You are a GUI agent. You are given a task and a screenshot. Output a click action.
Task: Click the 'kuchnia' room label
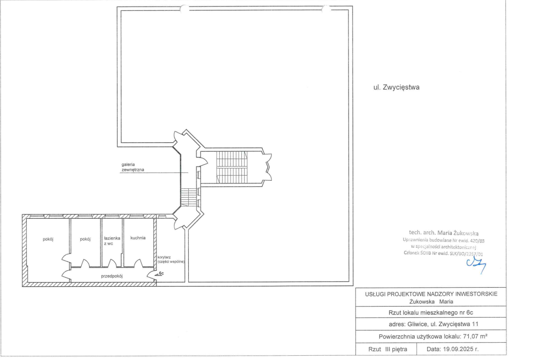(x=138, y=237)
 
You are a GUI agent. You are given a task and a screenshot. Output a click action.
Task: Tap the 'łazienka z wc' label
(x=112, y=241)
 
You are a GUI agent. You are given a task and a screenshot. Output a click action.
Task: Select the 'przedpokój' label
(x=112, y=276)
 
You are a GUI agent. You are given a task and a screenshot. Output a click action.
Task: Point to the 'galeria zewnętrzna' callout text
(x=133, y=167)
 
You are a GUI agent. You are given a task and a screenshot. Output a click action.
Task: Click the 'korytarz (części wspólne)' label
(x=171, y=259)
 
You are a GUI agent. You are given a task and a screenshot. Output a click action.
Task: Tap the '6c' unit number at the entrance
(x=161, y=273)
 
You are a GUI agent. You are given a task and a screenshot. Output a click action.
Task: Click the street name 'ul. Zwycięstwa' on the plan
(x=396, y=87)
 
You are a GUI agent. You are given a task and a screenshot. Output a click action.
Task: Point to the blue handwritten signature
(x=476, y=265)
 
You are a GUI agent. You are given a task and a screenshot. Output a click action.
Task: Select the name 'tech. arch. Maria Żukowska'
(x=444, y=233)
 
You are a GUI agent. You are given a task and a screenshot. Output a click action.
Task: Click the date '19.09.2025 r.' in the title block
(x=452, y=349)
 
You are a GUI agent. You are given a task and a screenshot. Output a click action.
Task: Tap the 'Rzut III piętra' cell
(x=387, y=349)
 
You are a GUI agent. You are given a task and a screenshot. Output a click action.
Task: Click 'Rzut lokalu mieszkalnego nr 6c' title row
(x=431, y=313)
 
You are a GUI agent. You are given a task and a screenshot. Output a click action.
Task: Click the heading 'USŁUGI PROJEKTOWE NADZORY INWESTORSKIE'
(x=431, y=294)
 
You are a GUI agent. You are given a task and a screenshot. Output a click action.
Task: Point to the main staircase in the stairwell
(x=232, y=167)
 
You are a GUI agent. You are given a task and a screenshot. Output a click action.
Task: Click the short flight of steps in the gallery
(x=189, y=197)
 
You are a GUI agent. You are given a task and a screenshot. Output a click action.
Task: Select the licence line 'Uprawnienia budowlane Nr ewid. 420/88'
(x=444, y=240)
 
